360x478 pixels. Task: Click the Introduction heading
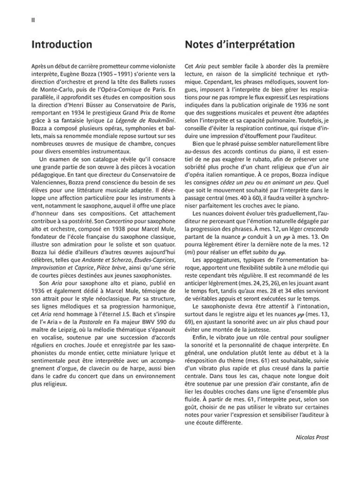61,45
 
